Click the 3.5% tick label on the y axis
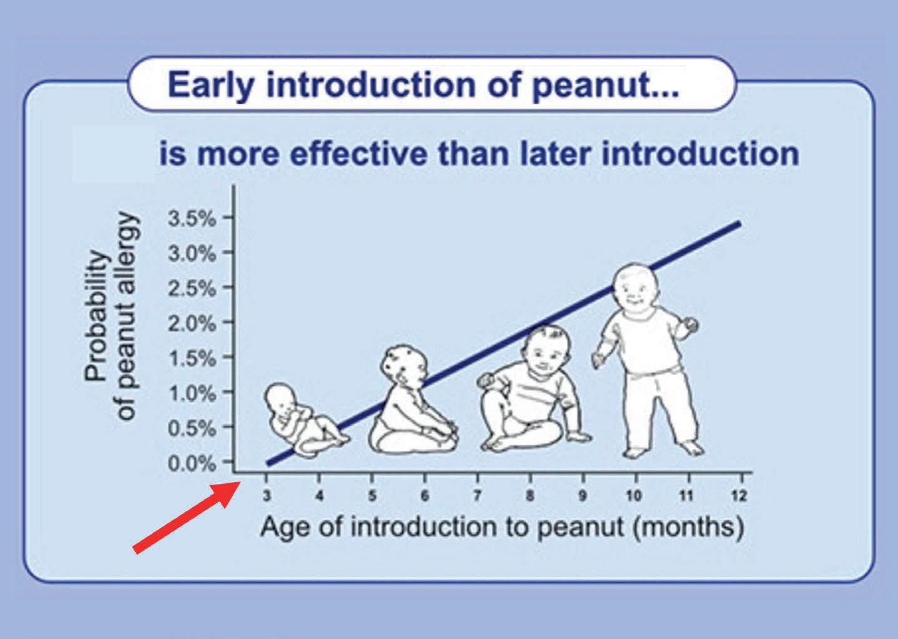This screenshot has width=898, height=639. [x=191, y=219]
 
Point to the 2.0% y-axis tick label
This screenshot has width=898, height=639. [x=191, y=324]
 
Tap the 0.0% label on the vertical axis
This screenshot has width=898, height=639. [x=191, y=463]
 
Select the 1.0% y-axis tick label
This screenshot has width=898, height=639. [x=191, y=394]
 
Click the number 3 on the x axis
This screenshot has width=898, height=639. [x=267, y=496]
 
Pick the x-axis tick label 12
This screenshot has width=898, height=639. [x=739, y=496]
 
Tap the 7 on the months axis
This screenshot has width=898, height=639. [x=477, y=496]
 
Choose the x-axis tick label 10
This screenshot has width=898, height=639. [x=634, y=496]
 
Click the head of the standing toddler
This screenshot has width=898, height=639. [x=635, y=288]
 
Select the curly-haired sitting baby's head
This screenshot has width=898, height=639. [x=403, y=366]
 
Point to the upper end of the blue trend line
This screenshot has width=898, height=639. [x=739, y=223]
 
